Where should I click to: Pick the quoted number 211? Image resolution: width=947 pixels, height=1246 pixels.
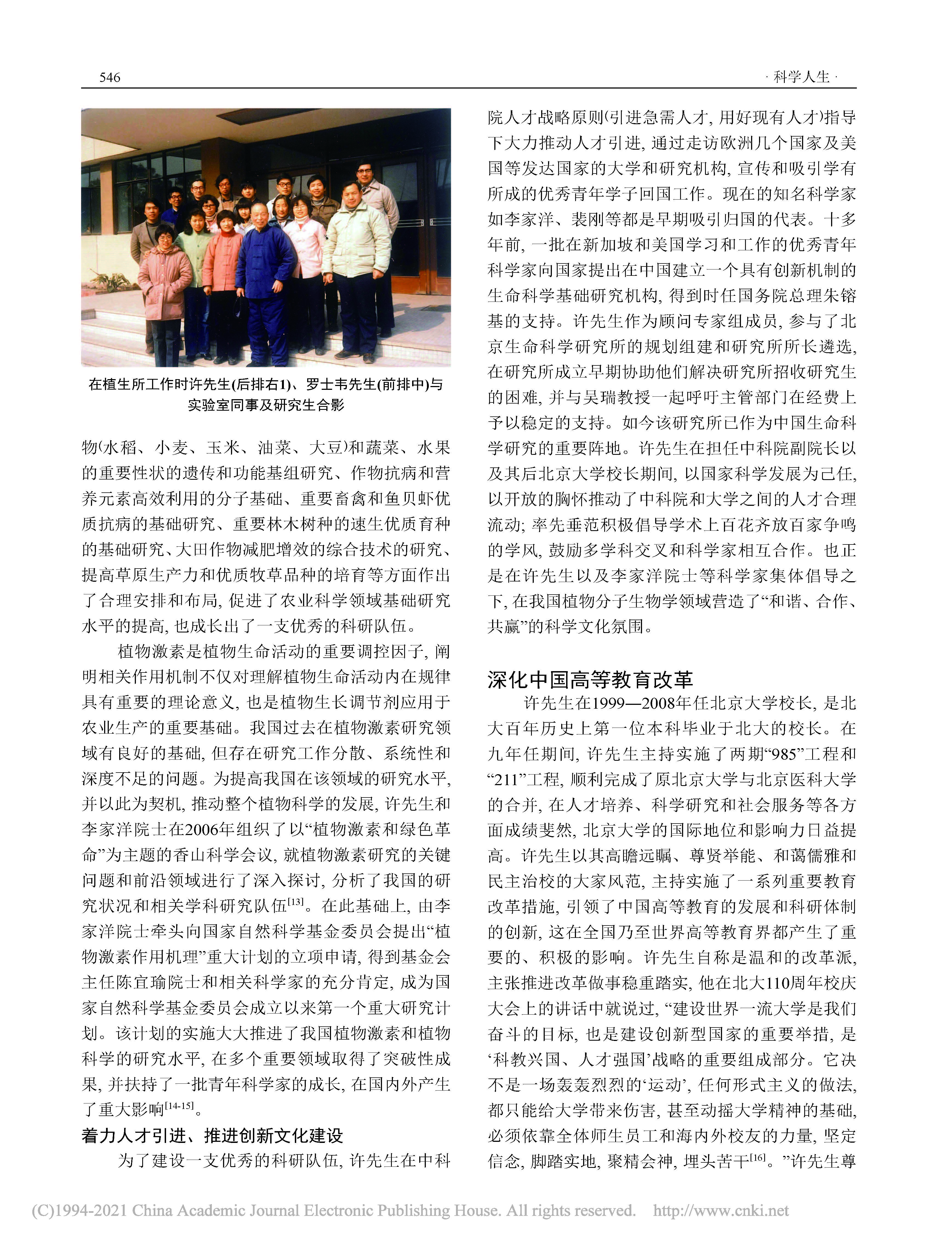click(506, 779)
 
